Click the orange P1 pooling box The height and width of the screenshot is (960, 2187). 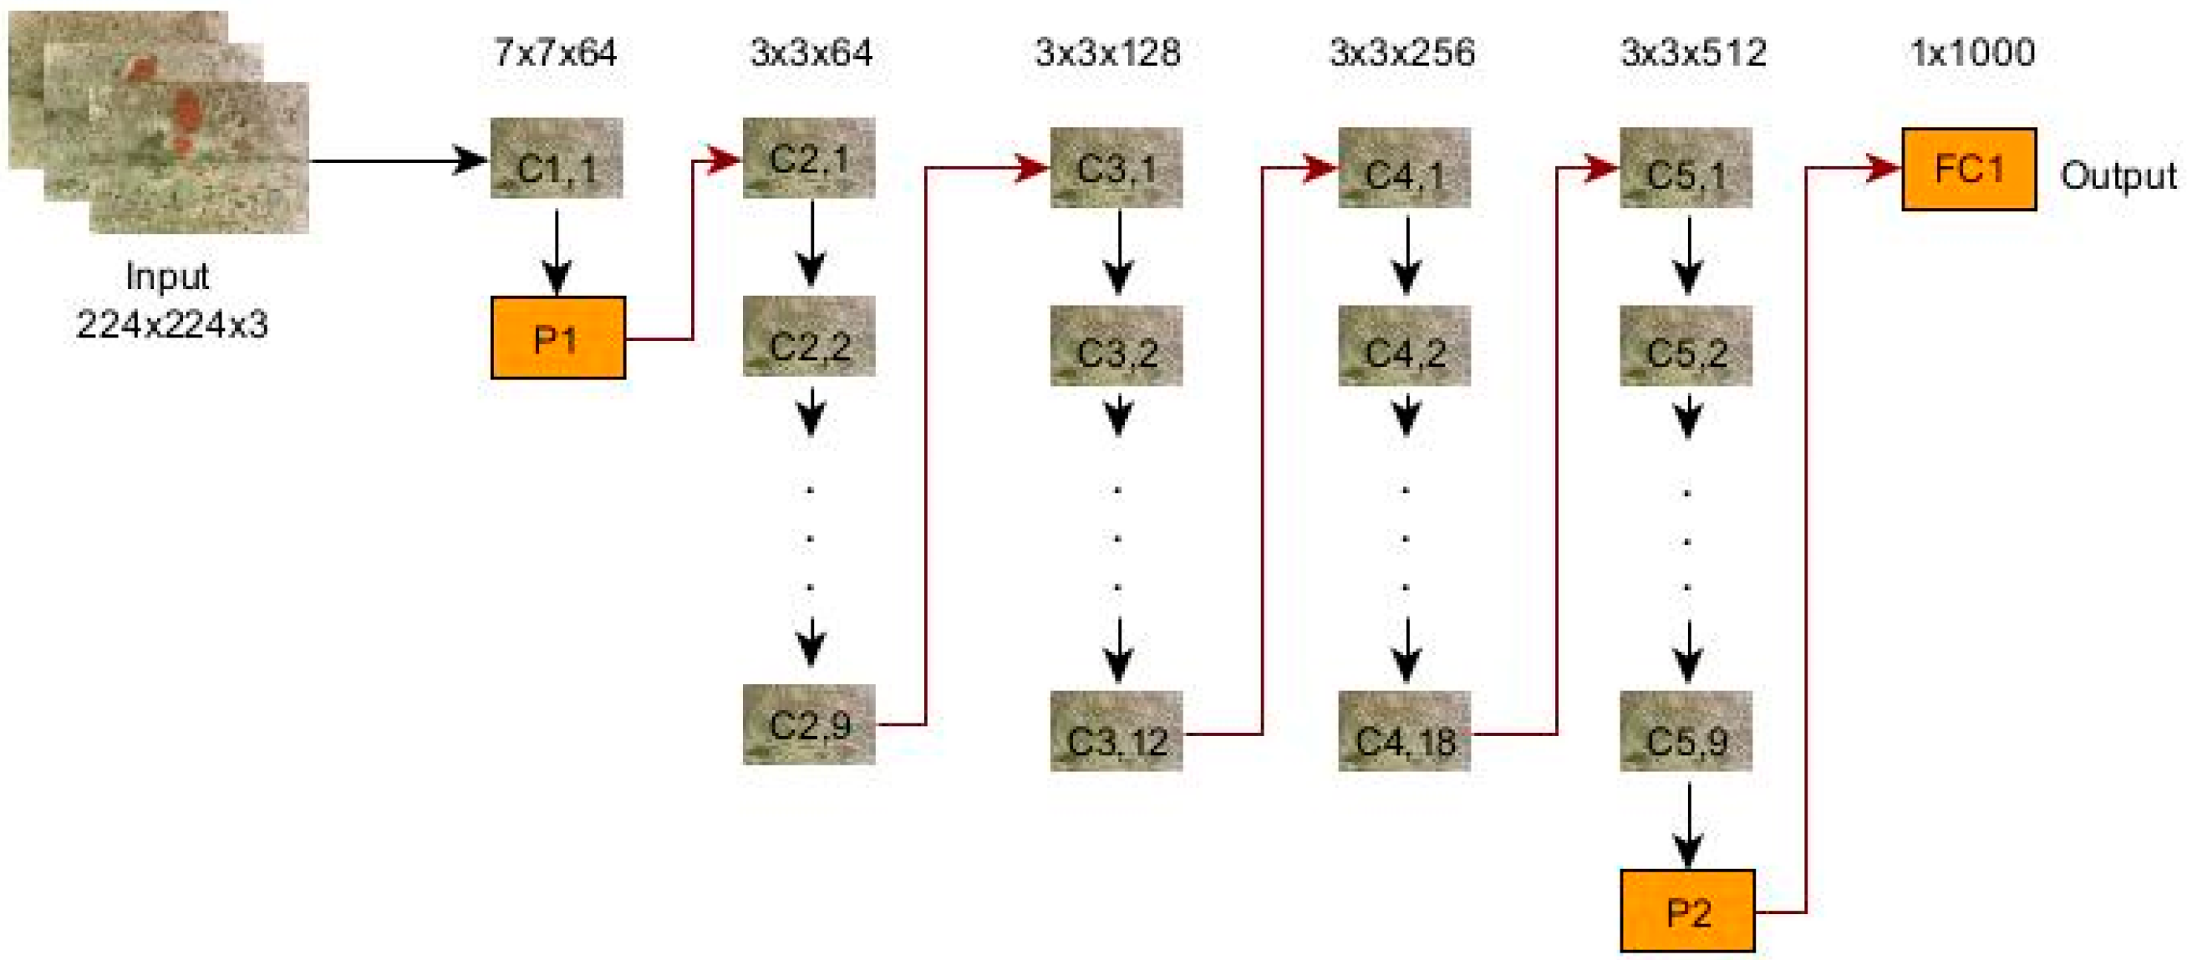(x=557, y=338)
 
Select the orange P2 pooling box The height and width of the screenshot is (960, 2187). (x=1687, y=911)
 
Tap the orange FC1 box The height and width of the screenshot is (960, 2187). (x=1968, y=169)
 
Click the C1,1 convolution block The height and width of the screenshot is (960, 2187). (x=556, y=159)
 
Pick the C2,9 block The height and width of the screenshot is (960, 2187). (x=808, y=725)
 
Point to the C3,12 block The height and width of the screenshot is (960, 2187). (x=1116, y=732)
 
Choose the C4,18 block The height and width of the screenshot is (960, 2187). (x=1404, y=732)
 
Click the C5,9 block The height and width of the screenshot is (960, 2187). (x=1686, y=732)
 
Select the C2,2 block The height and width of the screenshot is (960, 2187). (x=808, y=337)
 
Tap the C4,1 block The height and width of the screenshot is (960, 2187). (x=1404, y=168)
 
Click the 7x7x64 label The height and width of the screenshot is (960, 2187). (x=555, y=53)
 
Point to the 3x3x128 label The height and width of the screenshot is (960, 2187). (x=1107, y=53)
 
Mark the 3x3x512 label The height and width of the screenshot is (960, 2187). (x=1693, y=53)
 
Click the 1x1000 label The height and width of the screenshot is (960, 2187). (x=1971, y=53)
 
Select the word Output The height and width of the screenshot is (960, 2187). (x=2118, y=175)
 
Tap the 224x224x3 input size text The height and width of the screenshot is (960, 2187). (x=172, y=324)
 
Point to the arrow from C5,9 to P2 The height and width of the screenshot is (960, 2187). (x=1688, y=823)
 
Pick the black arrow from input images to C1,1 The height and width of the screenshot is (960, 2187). (x=399, y=160)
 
